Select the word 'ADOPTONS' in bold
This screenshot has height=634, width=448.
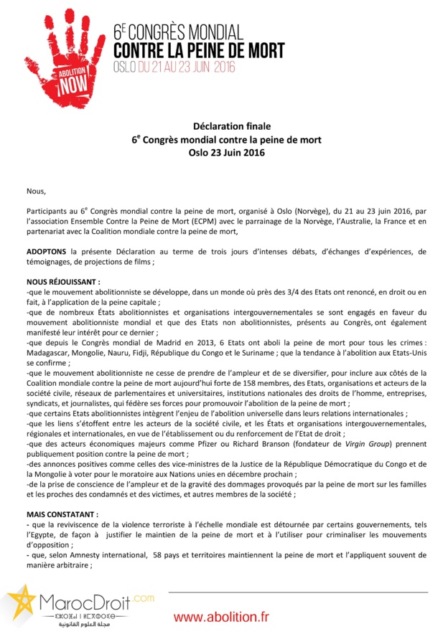47,252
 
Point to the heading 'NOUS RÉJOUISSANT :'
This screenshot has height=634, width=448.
63,283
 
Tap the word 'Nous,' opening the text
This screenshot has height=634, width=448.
35,191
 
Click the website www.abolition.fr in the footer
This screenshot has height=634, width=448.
220,617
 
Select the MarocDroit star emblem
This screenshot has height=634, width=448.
20,603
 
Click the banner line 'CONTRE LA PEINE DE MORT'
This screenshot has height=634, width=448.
200,50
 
